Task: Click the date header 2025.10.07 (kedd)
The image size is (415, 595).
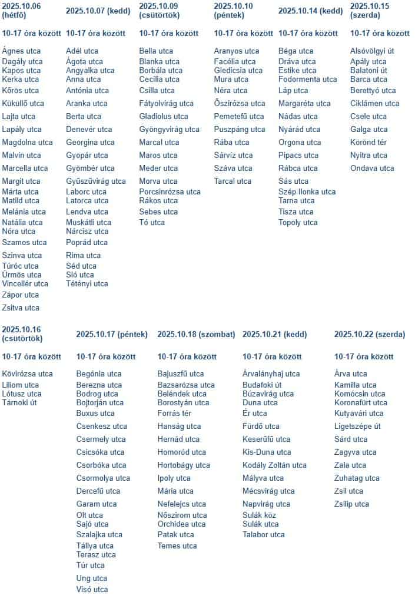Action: click(x=98, y=11)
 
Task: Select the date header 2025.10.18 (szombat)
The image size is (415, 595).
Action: click(x=196, y=334)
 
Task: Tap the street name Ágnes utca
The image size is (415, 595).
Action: click(x=21, y=51)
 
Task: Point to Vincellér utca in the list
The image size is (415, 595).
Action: click(x=25, y=283)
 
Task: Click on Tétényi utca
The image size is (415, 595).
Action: click(x=87, y=283)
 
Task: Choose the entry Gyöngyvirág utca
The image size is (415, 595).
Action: click(x=169, y=129)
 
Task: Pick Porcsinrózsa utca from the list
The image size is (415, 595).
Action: click(x=170, y=191)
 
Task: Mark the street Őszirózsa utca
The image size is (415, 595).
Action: click(x=240, y=103)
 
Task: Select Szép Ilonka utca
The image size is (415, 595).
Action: click(x=307, y=191)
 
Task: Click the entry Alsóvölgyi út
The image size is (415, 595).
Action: click(x=372, y=51)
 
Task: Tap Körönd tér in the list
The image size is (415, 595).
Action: click(x=368, y=142)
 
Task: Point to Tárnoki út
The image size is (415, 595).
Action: click(x=19, y=402)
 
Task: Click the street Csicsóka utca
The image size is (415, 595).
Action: click(x=100, y=452)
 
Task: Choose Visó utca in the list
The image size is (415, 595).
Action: click(x=92, y=589)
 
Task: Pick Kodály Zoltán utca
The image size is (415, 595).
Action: click(x=274, y=465)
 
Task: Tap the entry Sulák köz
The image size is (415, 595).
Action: click(x=260, y=515)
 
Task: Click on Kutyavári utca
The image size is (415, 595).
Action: click(x=358, y=413)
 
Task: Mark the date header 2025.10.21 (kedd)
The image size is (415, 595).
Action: click(x=274, y=334)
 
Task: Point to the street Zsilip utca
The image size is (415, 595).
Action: click(x=351, y=504)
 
